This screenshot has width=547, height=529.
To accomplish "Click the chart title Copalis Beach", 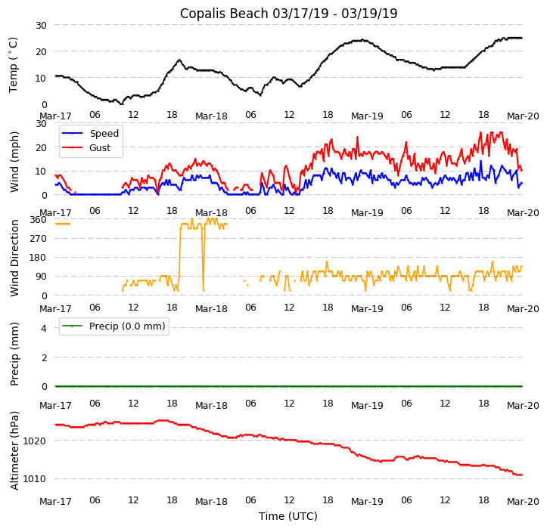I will coord(288,14).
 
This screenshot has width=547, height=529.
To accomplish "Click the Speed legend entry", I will coord(104,134).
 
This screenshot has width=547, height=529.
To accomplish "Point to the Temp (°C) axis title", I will coord(14,64).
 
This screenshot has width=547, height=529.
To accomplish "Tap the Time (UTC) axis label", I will coord(288,516).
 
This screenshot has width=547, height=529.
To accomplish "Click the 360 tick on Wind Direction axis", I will coord(38,220).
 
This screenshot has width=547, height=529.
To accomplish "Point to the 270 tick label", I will coord(38,239).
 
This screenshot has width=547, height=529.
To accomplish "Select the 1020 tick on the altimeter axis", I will coord(35,441).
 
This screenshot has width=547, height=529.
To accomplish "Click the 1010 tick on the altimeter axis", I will coord(35,479).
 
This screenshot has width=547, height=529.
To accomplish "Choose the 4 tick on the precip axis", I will coord(42,327).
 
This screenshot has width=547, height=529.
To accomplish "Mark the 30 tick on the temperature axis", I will coord(40,26).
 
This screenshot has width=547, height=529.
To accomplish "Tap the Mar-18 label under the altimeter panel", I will coord(211,502).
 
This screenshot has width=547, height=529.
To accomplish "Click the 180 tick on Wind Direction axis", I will coord(38,258).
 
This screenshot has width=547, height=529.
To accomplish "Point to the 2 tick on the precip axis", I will coord(42,357).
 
